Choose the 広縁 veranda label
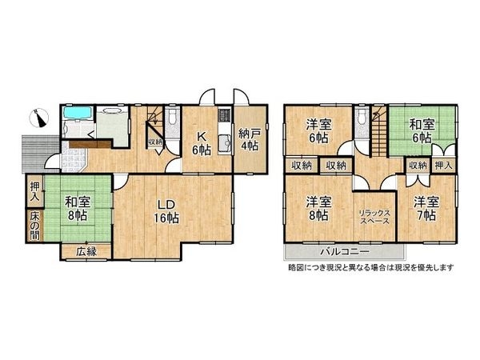(86, 252)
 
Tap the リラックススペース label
(374, 215)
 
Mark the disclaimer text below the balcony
(370, 267)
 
